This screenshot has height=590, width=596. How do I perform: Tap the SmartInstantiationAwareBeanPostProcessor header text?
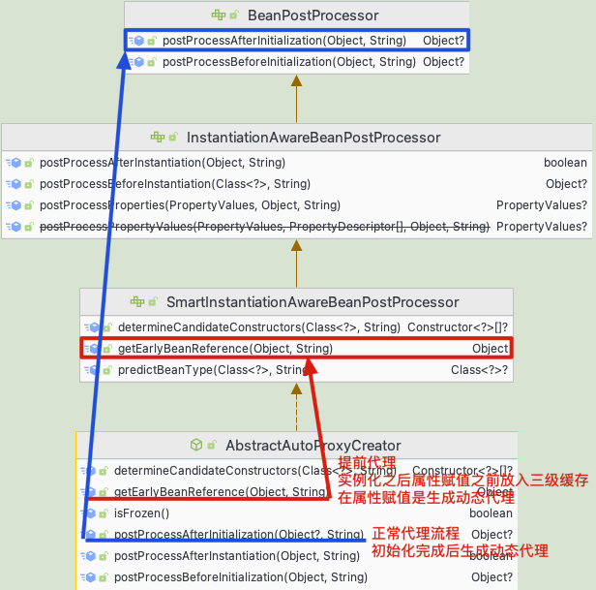[313, 302]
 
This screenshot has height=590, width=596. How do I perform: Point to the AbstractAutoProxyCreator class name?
[313, 446]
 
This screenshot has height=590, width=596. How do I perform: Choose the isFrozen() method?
[141, 513]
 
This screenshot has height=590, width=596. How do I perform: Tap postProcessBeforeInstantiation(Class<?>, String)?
[175, 184]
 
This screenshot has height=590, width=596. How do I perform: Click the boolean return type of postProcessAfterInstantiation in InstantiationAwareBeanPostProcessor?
[564, 163]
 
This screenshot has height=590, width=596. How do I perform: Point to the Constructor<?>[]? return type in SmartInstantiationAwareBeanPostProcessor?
[458, 327]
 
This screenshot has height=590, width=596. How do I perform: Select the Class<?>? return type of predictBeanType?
[479, 370]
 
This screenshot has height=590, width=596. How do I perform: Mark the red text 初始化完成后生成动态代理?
[460, 551]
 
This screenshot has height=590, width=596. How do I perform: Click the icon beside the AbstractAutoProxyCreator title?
[196, 446]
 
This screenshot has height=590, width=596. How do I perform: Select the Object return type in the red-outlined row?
[490, 349]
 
